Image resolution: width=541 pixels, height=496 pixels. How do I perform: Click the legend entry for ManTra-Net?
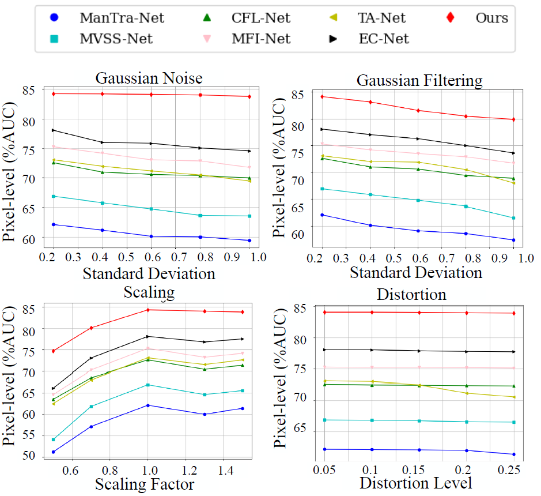click(x=122, y=18)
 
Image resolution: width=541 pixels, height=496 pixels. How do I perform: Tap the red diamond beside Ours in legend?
click(x=451, y=18)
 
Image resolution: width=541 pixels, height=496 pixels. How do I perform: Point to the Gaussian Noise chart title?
click(x=149, y=78)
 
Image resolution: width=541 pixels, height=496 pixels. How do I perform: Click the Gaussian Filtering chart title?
click(x=419, y=80)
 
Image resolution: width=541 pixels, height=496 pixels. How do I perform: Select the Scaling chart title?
click(x=149, y=292)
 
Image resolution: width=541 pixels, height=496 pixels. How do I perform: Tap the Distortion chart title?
click(x=411, y=294)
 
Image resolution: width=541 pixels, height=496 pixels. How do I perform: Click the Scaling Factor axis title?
click(x=145, y=483)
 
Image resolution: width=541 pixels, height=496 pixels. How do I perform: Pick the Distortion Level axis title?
click(x=416, y=482)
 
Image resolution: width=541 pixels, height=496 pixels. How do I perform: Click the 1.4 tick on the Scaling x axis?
click(x=225, y=470)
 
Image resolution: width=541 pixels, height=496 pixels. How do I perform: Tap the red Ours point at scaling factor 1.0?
click(x=148, y=310)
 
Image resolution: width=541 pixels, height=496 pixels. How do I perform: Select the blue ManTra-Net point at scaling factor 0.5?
click(x=54, y=452)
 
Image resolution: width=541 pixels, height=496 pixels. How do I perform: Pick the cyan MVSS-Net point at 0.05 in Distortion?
click(x=326, y=420)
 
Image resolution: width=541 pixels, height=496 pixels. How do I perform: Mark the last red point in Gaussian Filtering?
click(x=513, y=119)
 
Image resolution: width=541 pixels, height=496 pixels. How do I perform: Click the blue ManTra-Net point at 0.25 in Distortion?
click(x=513, y=454)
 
